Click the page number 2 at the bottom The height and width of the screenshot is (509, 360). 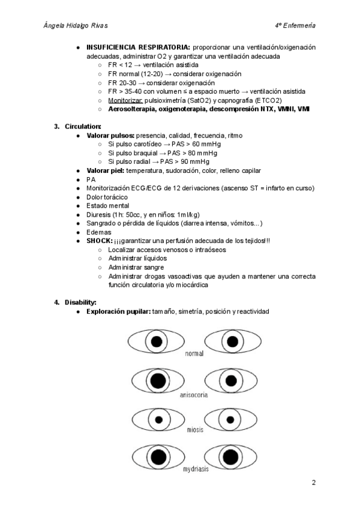coord(313,483)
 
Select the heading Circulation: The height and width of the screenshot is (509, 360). coord(83,126)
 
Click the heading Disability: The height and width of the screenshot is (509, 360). coord(80,302)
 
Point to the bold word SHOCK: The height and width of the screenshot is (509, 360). coord(100,241)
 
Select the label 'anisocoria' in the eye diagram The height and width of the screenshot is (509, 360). coord(194,396)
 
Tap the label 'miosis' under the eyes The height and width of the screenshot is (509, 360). coord(194,430)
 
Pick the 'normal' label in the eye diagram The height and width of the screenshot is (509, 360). coord(194,354)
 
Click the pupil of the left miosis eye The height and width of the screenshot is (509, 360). coord(159,420)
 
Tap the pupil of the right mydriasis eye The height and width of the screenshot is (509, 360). coord(230,457)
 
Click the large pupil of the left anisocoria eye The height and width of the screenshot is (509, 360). coord(158,381)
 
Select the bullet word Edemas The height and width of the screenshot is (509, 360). coord(100,232)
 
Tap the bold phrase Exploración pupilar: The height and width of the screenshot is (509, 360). coord(118,312)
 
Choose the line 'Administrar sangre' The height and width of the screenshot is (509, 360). coord(136,267)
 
